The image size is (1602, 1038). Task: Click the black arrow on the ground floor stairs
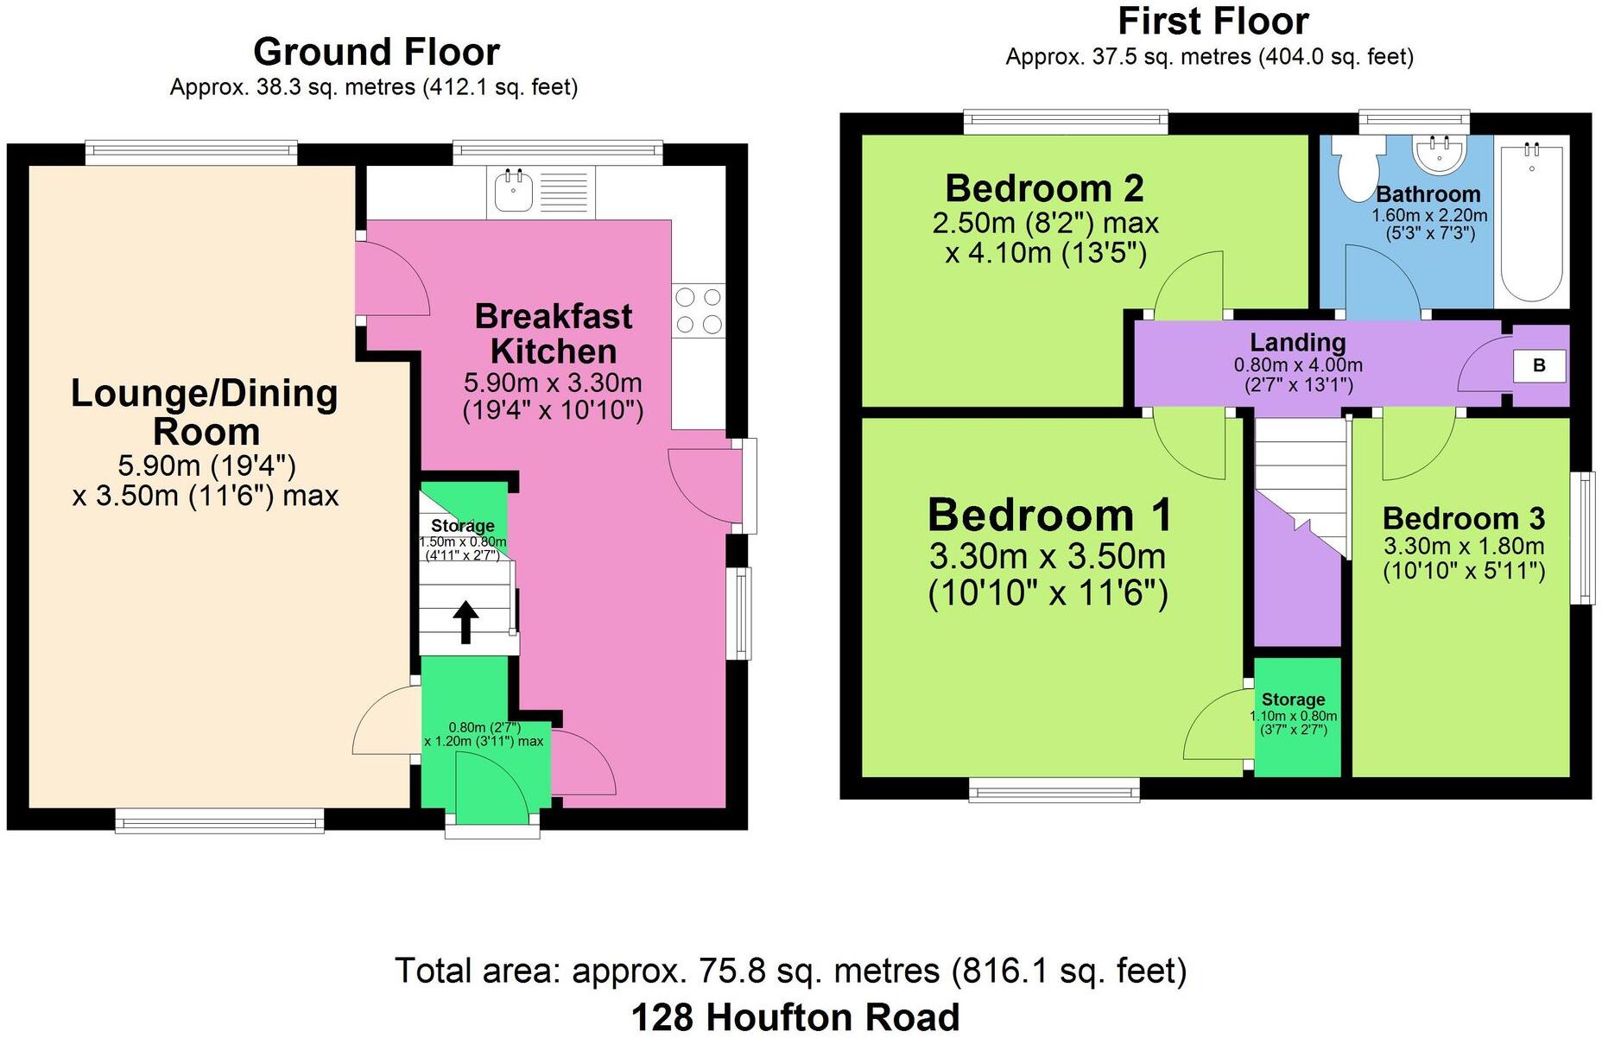click(465, 622)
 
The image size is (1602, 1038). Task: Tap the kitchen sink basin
click(514, 192)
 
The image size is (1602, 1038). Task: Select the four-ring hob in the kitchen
click(699, 311)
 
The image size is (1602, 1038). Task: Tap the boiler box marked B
click(1538, 365)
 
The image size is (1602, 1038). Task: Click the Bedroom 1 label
click(1049, 516)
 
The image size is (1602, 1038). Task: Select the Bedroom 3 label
click(1463, 518)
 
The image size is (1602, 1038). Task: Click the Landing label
click(1297, 343)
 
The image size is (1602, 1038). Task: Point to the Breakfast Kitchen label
click(553, 334)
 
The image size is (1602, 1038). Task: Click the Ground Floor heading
click(376, 52)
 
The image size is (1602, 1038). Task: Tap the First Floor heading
click(1213, 21)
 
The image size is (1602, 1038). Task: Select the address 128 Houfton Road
click(795, 1016)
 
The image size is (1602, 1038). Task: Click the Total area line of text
click(790, 971)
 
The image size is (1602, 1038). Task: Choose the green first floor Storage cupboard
click(1296, 717)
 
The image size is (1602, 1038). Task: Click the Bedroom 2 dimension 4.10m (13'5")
click(1045, 253)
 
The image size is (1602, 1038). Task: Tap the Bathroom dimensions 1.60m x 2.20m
click(1429, 215)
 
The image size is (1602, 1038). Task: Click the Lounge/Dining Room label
click(205, 412)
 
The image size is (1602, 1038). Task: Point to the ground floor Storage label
click(462, 526)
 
